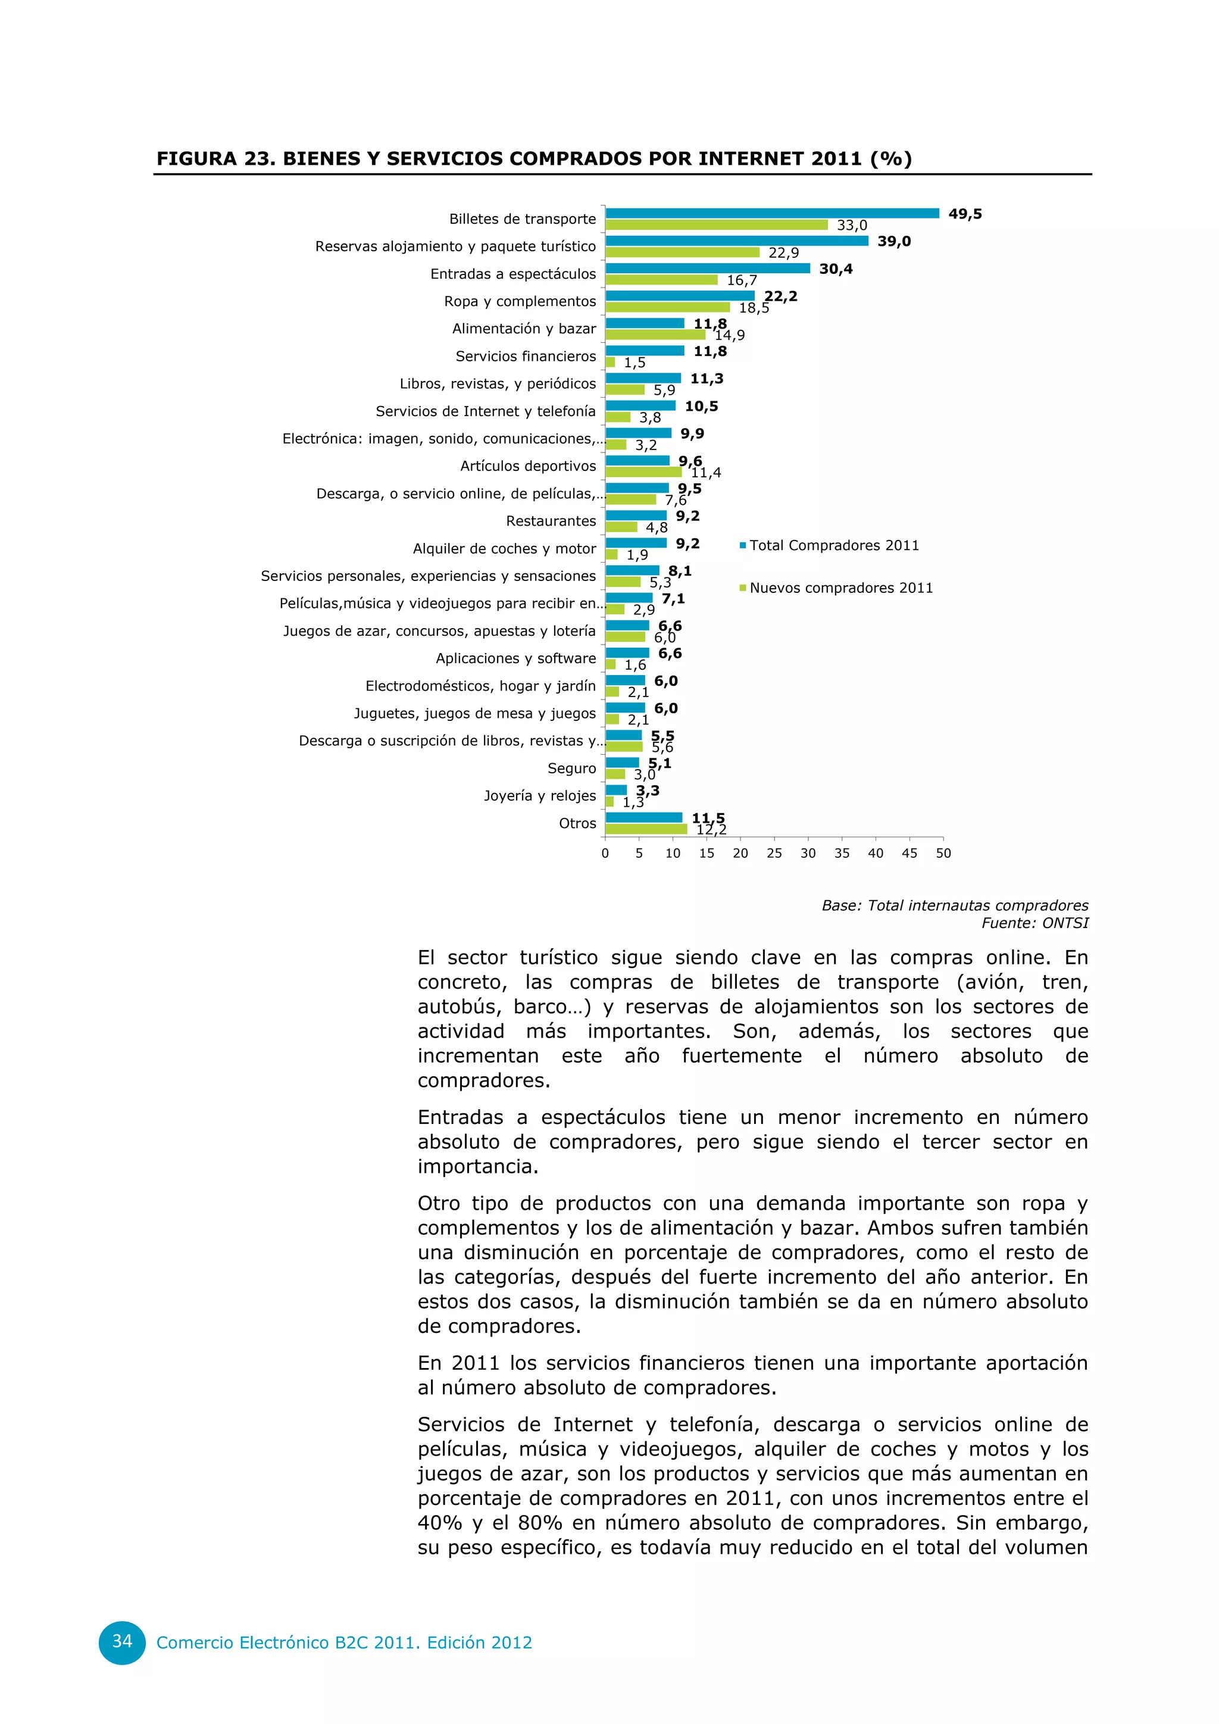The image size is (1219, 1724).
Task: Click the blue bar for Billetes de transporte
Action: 771,213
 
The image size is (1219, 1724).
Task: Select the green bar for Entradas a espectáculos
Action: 661,280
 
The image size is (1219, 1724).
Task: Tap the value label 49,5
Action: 964,214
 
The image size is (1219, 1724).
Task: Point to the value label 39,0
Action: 894,241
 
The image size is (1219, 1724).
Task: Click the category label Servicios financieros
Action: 526,356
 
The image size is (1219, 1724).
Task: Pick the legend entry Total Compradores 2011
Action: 833,545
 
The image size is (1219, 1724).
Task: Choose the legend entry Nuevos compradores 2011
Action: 840,588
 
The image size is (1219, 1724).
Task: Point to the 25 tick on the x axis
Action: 774,853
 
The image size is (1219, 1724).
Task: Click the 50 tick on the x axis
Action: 943,853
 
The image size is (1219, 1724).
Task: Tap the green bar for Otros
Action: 646,829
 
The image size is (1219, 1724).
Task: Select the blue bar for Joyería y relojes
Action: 615,790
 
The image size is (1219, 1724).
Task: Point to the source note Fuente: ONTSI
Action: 1034,923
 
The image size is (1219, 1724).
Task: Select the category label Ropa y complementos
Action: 520,301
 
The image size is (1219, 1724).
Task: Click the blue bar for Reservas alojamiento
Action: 736,241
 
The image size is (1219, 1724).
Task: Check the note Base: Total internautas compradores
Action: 954,905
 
